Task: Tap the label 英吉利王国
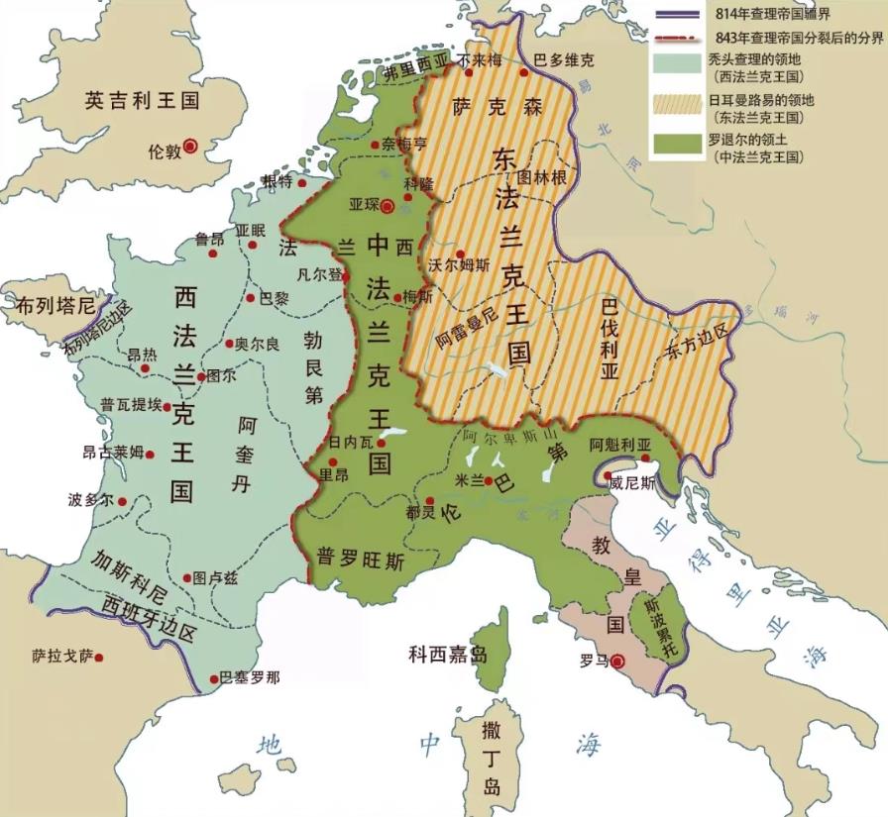(142, 101)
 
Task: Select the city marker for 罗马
(618, 661)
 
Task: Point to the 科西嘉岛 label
(448, 655)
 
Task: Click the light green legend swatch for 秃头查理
(679, 63)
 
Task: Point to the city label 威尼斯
(632, 482)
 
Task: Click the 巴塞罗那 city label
(249, 677)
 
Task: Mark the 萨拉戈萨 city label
(60, 656)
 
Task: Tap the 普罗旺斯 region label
(360, 561)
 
